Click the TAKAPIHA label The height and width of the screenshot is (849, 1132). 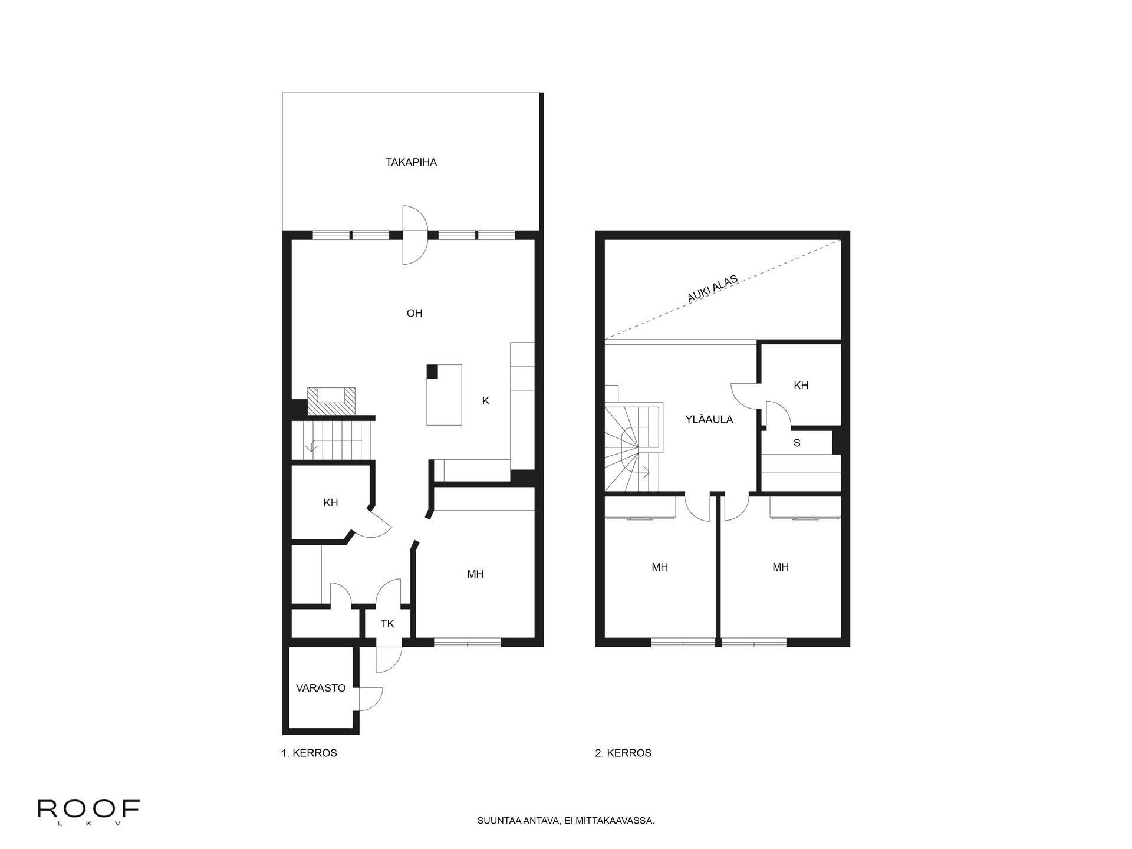[x=411, y=162]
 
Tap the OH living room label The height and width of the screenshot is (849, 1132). [x=414, y=313]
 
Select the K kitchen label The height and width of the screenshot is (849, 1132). [x=485, y=401]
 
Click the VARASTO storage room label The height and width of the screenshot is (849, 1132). [x=321, y=687]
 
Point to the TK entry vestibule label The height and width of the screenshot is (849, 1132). [x=387, y=624]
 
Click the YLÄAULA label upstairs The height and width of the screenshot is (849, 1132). [x=709, y=420]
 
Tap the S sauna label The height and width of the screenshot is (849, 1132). [x=797, y=443]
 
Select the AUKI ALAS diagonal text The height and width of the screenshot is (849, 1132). [x=712, y=289]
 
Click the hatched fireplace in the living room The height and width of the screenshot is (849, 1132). [x=331, y=402]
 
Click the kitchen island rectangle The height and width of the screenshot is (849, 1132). [x=444, y=394]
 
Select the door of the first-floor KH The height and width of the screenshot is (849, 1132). [x=376, y=522]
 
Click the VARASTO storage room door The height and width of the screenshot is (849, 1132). [x=370, y=699]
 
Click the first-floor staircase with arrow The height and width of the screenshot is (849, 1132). [x=333, y=440]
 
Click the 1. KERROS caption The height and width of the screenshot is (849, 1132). [x=309, y=753]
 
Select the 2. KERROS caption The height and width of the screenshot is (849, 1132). [x=623, y=753]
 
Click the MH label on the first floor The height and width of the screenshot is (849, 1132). [x=475, y=574]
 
